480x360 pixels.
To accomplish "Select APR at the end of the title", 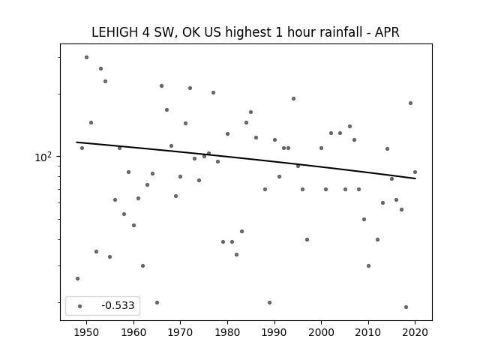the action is point(387,32).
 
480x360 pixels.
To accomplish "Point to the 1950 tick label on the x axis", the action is point(87,332).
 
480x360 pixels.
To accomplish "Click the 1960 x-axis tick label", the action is point(133,332).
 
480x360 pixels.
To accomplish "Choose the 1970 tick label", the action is point(180,332).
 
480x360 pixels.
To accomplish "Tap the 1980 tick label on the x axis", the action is point(227,332).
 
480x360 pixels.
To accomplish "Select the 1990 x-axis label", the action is point(274,332).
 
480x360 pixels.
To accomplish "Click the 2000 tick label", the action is point(322,332).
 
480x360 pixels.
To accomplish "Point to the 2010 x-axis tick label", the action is point(368,332).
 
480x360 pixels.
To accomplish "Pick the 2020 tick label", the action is point(415,332).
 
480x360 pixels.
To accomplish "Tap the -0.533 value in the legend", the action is point(118,305).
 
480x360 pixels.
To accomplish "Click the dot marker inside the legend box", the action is point(80,306).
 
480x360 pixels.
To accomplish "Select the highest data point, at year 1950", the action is point(87,57).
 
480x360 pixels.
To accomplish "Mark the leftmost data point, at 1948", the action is point(77,278).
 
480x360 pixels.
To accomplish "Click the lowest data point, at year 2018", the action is point(406,307).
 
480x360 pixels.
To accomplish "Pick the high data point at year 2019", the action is point(410,103).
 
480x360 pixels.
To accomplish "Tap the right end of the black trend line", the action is point(415,178).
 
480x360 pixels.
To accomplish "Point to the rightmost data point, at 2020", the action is point(415,172).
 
